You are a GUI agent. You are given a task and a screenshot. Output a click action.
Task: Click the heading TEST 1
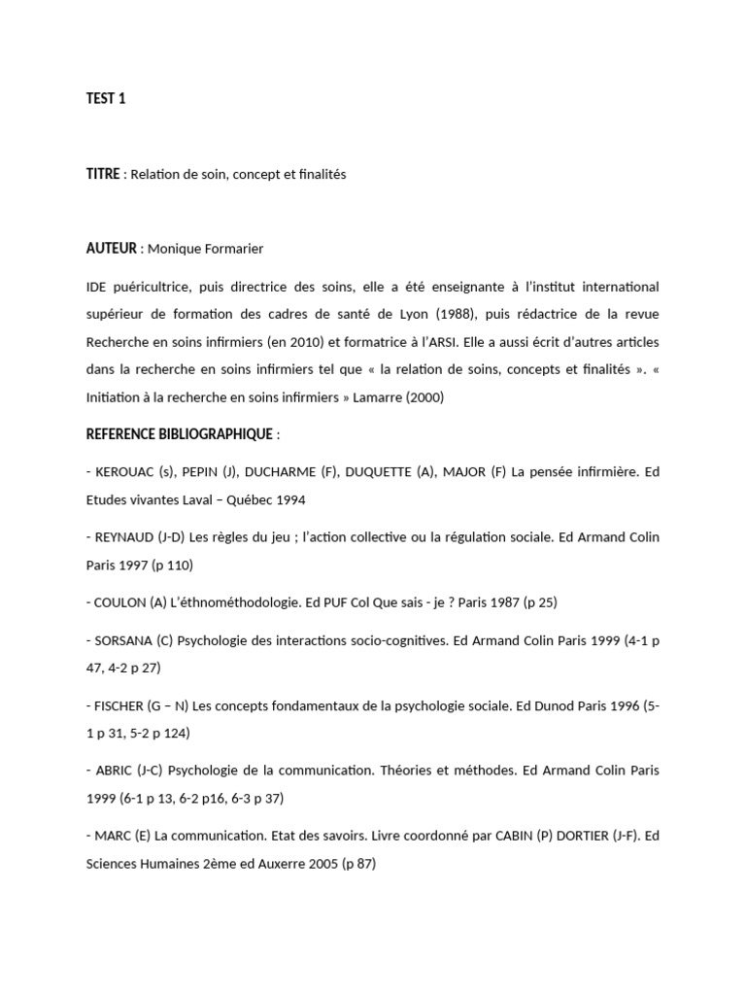[x=106, y=98]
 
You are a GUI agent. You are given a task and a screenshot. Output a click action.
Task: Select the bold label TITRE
[x=103, y=174]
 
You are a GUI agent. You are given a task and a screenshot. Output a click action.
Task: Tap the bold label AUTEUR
[x=112, y=249]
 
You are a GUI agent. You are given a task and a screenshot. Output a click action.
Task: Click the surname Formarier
[x=231, y=249]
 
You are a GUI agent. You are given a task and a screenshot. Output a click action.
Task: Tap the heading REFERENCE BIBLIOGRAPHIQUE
[x=180, y=434]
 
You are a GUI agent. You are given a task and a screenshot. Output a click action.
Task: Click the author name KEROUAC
[x=124, y=472]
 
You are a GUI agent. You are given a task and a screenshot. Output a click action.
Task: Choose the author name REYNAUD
[x=126, y=536]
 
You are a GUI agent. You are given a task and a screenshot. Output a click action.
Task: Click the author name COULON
[x=120, y=601]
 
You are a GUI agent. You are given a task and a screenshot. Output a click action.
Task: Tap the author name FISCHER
[x=121, y=704]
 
